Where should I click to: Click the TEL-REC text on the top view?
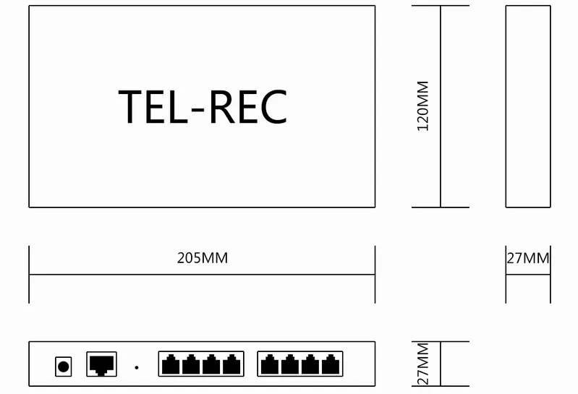(203, 107)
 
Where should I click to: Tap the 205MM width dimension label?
(203, 258)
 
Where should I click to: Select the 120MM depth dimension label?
(422, 106)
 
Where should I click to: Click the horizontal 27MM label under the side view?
(528, 259)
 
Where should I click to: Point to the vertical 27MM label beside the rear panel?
(422, 364)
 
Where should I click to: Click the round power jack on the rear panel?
(64, 367)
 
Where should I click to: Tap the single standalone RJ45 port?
(102, 364)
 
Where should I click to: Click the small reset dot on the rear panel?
(137, 367)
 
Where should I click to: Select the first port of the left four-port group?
(171, 364)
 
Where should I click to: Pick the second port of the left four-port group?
(191, 364)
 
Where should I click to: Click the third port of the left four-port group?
(211, 364)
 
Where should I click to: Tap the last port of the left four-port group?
(231, 364)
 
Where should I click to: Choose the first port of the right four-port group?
(270, 364)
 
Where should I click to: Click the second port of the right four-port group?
(290, 364)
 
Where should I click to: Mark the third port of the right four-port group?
(310, 364)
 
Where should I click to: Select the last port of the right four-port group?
(331, 364)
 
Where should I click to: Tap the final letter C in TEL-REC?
(273, 107)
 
